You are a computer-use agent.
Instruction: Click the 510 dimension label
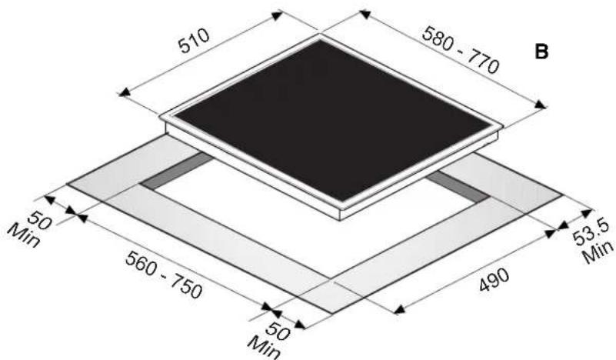[x=194, y=40]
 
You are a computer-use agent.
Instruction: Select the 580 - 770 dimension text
[x=461, y=50]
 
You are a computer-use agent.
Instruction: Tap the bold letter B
[x=541, y=52]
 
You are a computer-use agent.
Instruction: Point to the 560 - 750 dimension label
[x=164, y=275]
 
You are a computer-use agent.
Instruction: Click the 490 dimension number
[x=494, y=279]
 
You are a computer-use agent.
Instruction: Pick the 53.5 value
[x=591, y=232]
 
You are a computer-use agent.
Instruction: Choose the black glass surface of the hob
[x=332, y=120]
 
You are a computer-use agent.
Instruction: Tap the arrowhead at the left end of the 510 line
[x=124, y=93]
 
